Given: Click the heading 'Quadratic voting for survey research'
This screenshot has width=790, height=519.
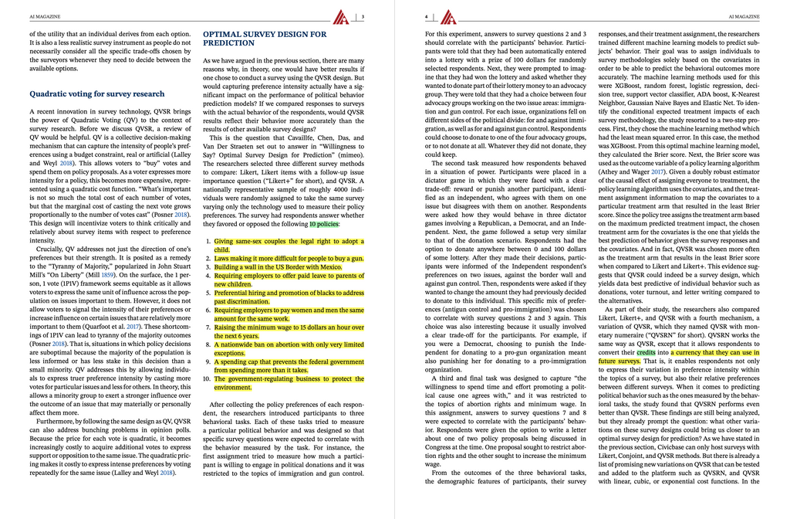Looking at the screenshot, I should coord(96,94).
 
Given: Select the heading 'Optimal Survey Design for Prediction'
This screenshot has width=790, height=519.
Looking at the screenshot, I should coord(264,39).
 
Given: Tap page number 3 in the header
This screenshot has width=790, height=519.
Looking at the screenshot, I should coord(363,15).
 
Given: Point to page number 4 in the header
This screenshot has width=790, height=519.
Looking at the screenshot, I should coord(427,15).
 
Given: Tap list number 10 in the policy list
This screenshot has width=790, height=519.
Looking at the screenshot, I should coord(207,379).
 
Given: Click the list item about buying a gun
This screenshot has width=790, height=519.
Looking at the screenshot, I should coord(289,258).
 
